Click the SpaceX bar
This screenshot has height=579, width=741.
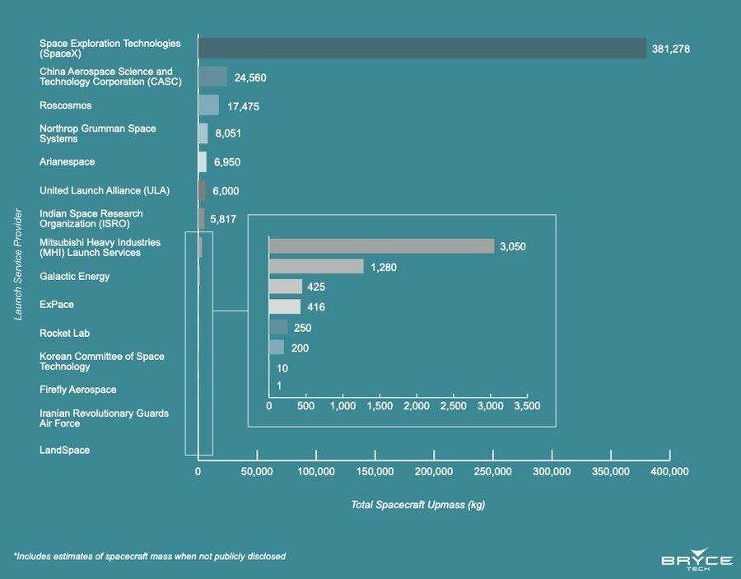pos(422,49)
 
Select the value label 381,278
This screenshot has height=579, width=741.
pos(669,49)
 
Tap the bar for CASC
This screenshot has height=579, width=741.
pos(212,77)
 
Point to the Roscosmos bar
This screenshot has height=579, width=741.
pos(208,105)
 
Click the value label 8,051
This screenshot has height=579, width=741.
pos(226,134)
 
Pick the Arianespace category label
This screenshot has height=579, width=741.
pos(67,162)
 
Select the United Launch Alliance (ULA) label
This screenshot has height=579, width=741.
pos(105,191)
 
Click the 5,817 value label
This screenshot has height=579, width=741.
pos(224,219)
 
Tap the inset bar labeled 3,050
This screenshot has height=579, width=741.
pos(381,246)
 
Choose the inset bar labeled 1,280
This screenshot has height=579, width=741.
pos(316,266)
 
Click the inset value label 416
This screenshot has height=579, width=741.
pos(315,307)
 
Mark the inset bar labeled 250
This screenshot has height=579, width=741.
pos(278,328)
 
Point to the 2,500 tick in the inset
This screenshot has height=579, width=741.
pos(454,406)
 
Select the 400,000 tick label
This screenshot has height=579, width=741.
pos(669,471)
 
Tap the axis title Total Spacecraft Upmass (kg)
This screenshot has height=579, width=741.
pos(417,505)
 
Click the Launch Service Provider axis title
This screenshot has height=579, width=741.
pos(18,264)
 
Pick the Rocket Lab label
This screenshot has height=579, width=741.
pos(64,334)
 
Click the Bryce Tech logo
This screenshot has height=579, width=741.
pos(697,563)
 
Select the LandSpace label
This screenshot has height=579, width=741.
pos(64,451)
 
